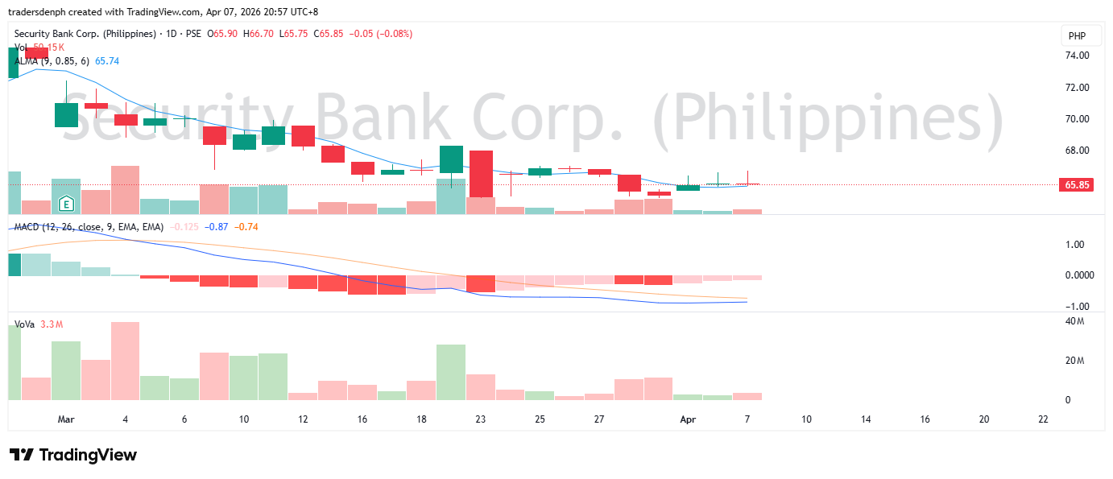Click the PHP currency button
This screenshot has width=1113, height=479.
coord(1077,35)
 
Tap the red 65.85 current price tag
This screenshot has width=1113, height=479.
coord(1077,184)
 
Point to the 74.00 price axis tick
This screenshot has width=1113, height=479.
coord(1077,56)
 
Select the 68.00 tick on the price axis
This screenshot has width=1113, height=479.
coord(1077,151)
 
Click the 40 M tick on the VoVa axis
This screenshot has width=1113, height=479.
coord(1074,321)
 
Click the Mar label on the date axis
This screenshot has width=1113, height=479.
coord(66,419)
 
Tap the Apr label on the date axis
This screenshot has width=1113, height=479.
coord(688,419)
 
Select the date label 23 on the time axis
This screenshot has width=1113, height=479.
coord(480,419)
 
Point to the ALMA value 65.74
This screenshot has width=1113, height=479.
coord(107,61)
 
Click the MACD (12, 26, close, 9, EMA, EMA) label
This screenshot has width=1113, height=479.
coord(89,227)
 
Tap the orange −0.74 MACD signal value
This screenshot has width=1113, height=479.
coord(246,227)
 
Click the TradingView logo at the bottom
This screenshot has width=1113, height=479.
coord(73,455)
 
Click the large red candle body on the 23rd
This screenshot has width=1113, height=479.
coord(481,173)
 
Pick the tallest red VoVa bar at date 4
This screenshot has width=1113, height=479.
coord(126,361)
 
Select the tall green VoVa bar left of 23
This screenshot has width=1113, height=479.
coord(451,372)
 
